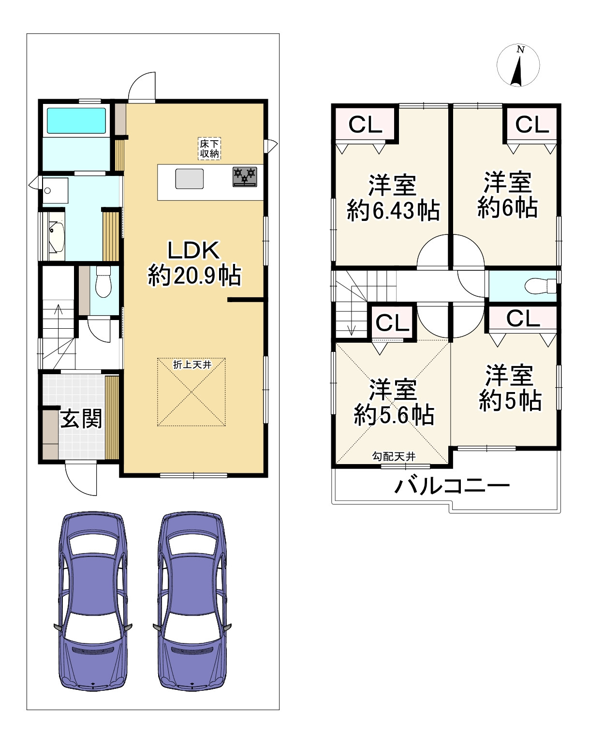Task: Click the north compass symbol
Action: tap(518, 65)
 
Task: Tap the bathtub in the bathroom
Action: tap(76, 120)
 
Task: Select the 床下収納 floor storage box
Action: tap(209, 149)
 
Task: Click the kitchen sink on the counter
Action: tap(189, 178)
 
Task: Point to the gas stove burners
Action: tap(245, 177)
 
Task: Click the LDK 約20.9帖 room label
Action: tap(194, 263)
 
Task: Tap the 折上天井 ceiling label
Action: tap(192, 365)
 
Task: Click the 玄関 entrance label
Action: tap(81, 419)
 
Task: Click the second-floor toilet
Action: tap(540, 286)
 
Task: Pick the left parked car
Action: tap(93, 601)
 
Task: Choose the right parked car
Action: tap(192, 601)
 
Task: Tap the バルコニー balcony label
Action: tap(452, 486)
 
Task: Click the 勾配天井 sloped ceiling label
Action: tap(394, 457)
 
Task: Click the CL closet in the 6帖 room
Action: tap(532, 125)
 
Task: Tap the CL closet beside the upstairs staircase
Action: tap(392, 322)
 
